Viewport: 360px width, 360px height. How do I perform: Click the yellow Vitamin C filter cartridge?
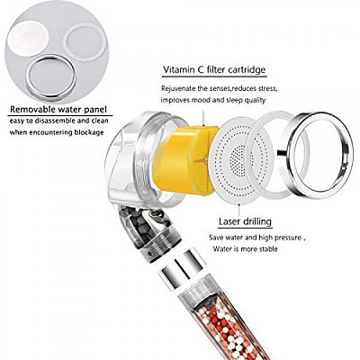pos(186,160)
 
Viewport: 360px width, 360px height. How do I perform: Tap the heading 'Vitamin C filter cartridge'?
pos(214,70)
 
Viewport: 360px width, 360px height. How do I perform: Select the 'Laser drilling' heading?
pos(245,221)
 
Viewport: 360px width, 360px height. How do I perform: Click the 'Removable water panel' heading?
pos(58,110)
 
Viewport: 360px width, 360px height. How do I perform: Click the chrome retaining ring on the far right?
pos(319,155)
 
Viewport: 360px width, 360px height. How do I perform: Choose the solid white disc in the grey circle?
pos(28,39)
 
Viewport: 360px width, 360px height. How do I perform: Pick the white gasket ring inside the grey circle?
pos(85,42)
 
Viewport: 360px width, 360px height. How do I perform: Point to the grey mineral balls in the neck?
pos(138,226)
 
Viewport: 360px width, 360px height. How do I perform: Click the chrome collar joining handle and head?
pos(181,268)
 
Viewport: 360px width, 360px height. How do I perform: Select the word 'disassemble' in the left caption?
pos(49,121)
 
